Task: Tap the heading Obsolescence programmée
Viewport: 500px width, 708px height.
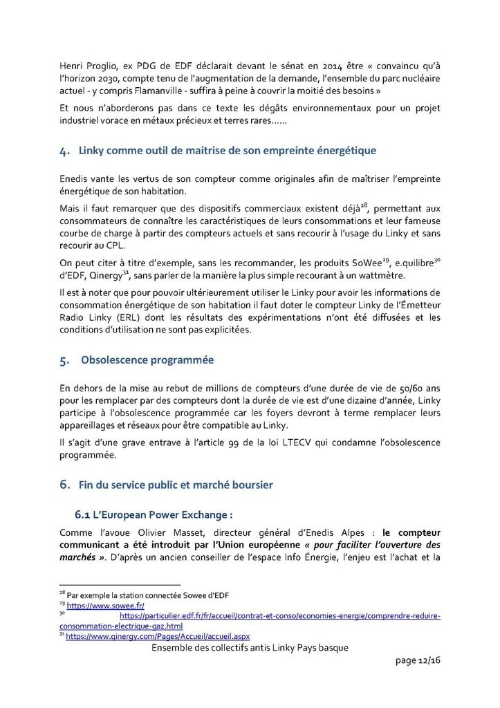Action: [147, 360]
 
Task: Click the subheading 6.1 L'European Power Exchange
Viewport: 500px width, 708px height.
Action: [154, 515]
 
